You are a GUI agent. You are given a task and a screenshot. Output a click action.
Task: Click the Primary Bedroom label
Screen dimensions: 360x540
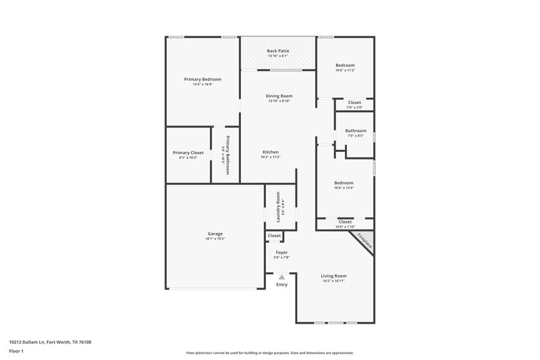[202, 79]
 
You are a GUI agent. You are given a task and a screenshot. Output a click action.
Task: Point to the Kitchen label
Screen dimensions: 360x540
[270, 152]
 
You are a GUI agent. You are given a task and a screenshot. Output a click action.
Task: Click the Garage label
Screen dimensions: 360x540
[215, 234]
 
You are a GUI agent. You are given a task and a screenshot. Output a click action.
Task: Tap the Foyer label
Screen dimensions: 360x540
[281, 253]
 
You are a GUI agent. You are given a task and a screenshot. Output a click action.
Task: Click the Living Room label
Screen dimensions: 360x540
[333, 276]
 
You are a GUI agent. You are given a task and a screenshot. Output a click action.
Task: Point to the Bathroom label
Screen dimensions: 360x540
[356, 130]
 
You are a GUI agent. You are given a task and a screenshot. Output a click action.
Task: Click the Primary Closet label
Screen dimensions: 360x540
[188, 153]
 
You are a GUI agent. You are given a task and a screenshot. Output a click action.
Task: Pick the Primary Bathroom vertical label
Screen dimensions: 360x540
[228, 155]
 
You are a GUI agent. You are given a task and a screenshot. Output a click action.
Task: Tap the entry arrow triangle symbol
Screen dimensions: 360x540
[282, 276]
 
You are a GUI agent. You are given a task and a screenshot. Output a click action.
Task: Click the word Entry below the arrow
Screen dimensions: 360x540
[281, 284]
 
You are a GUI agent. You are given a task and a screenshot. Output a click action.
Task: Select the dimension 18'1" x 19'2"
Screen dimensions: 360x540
[215, 239]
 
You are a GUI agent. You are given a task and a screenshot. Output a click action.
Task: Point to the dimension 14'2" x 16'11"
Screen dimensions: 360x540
[333, 281]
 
